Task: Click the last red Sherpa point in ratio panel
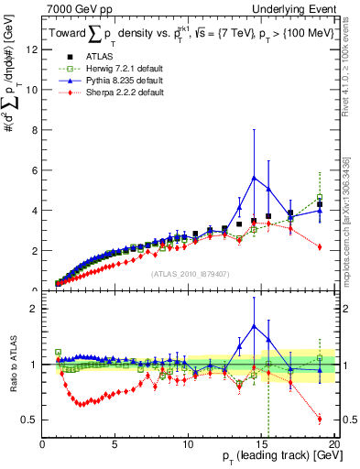(x=319, y=419)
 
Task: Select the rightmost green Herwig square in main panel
(x=319, y=198)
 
